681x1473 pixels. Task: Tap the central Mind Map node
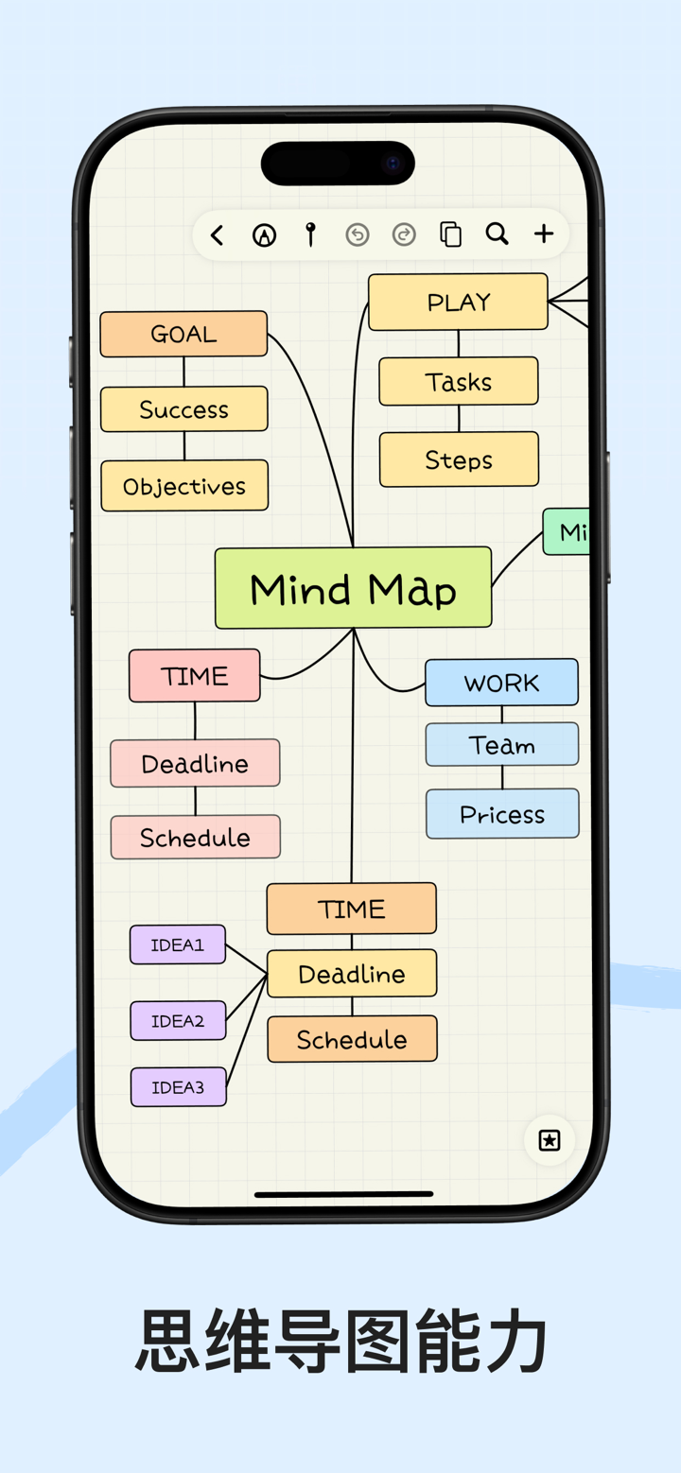pyautogui.click(x=353, y=588)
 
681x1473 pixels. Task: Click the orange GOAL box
pyautogui.click(x=183, y=334)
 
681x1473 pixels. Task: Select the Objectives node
pyautogui.click(x=184, y=486)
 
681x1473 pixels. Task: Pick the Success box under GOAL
pyautogui.click(x=184, y=409)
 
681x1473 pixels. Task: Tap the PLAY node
pyautogui.click(x=458, y=303)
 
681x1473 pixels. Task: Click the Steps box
pyautogui.click(x=459, y=459)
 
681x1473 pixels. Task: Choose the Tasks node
pyautogui.click(x=459, y=382)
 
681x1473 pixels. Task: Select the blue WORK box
pyautogui.click(x=501, y=683)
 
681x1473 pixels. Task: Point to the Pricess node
pyautogui.click(x=502, y=814)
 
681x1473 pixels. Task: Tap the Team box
pyautogui.click(x=502, y=745)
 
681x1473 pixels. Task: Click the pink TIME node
pyautogui.click(x=194, y=676)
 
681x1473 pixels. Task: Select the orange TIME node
pyautogui.click(x=351, y=909)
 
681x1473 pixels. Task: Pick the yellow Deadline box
pyautogui.click(x=352, y=974)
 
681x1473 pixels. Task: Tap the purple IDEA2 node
pyautogui.click(x=178, y=1021)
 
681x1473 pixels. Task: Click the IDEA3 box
pyautogui.click(x=178, y=1087)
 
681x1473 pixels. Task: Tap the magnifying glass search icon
pyautogui.click(x=497, y=234)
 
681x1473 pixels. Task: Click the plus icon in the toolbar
pyautogui.click(x=544, y=234)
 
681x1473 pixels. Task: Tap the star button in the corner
pyautogui.click(x=550, y=1140)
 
